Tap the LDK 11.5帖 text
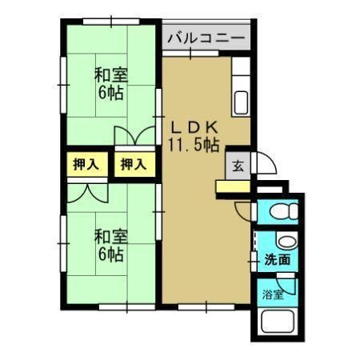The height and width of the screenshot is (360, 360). click(x=194, y=136)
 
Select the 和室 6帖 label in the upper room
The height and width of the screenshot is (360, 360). click(x=110, y=84)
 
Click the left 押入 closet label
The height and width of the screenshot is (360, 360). click(x=86, y=166)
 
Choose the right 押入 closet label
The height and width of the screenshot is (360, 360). click(x=133, y=166)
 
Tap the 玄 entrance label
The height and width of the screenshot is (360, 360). click(x=238, y=167)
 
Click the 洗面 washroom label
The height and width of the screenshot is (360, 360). click(x=277, y=260)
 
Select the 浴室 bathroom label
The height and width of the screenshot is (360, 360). click(x=273, y=294)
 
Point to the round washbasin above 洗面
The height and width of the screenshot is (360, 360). click(x=285, y=242)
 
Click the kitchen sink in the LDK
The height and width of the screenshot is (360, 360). click(x=240, y=101)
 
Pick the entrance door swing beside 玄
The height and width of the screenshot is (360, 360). click(x=265, y=164)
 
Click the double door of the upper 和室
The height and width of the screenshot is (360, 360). click(x=132, y=137)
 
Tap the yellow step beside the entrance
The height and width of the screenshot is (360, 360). click(x=233, y=187)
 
